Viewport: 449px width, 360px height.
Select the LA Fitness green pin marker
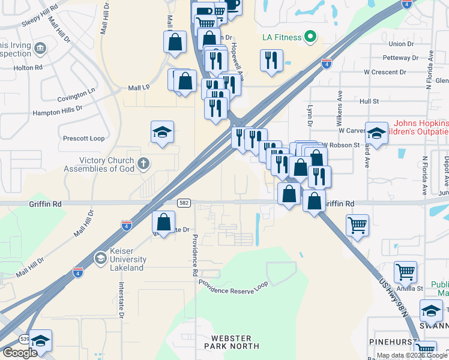click(310, 37)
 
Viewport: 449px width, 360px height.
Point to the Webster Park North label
click(232, 342)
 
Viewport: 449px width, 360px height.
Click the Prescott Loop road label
click(83, 139)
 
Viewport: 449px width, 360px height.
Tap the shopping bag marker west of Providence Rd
click(163, 222)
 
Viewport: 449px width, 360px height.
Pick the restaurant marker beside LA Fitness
click(271, 60)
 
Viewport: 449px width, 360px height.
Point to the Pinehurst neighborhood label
click(393, 340)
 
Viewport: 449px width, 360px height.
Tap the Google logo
click(20, 352)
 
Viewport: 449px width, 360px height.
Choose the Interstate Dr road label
click(121, 300)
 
